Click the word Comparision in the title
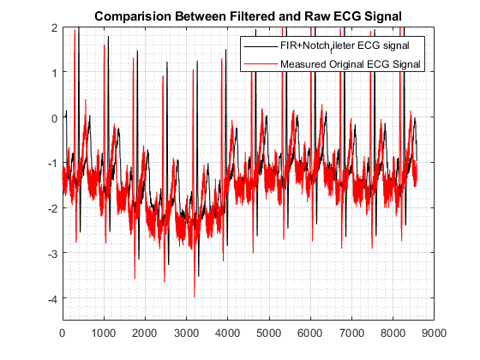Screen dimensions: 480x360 [133, 16]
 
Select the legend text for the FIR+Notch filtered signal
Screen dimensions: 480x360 [345, 46]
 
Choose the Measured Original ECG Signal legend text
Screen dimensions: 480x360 [351, 64]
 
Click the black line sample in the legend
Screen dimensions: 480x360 [261, 46]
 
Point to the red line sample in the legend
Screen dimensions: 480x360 [261, 64]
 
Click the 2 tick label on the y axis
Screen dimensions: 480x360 [55, 27]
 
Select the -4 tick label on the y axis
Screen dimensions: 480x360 [52, 299]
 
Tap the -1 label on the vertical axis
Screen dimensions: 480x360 [52, 164]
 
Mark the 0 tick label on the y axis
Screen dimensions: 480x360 [55, 118]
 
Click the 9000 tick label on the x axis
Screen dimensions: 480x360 [434, 333]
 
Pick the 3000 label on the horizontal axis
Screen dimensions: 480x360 [187, 333]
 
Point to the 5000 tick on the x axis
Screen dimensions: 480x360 [269, 333]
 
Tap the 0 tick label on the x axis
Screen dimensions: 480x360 [63, 333]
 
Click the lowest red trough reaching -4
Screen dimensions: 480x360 [195, 297]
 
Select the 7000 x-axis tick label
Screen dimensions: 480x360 [351, 333]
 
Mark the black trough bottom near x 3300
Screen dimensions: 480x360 [198, 276]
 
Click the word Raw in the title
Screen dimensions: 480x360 [316, 16]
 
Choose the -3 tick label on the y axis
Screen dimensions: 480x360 [52, 254]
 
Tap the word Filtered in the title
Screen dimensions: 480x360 [253, 16]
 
